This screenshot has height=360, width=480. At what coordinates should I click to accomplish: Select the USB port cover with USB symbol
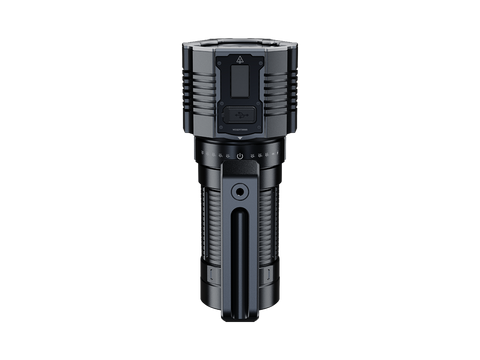(x=240, y=112)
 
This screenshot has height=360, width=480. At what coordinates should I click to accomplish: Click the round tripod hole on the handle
(x=241, y=190)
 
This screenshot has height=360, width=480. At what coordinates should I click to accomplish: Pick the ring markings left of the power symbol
(x=214, y=155)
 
